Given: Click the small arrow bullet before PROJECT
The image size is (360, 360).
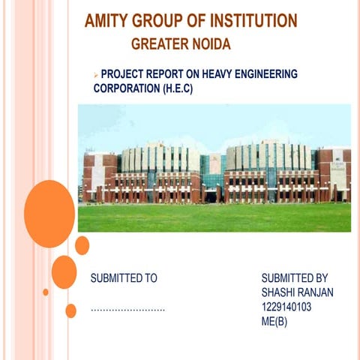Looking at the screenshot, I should click(96, 74).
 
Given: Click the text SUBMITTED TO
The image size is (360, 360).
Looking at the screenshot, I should click(124, 278).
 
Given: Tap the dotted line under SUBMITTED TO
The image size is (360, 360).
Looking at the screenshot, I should click(127, 309).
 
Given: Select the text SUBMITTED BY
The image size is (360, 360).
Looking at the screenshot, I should click(295, 278).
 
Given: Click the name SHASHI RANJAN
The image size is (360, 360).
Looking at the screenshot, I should click(297, 292).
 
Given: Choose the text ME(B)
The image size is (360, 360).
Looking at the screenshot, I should click(274, 322).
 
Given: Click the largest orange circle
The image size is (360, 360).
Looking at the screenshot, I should click(49, 213).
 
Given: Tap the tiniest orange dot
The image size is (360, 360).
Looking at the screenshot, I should click(46, 292).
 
